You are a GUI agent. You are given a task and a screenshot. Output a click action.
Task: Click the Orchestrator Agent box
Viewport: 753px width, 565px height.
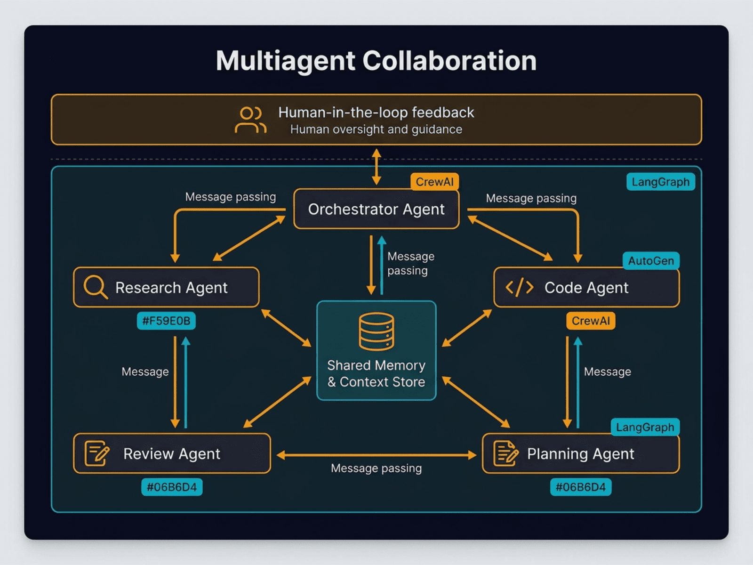[376, 209]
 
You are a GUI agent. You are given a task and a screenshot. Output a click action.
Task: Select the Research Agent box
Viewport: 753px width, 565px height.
[166, 287]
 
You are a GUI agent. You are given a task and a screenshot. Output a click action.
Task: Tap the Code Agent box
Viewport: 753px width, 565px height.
[586, 287]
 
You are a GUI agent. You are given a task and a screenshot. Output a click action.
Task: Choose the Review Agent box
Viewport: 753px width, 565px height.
[172, 453]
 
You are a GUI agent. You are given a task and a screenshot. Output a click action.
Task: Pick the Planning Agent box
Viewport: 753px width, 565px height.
[580, 453]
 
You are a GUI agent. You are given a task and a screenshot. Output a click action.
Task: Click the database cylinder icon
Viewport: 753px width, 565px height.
[376, 331]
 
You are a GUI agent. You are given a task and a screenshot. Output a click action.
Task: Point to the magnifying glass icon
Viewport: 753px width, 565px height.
[95, 287]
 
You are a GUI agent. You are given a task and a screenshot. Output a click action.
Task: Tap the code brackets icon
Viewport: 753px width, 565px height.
[519, 287]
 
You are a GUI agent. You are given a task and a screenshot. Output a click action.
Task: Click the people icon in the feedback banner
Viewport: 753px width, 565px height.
[250, 120]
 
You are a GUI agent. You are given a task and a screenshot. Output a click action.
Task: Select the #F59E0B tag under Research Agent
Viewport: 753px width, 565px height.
[166, 321]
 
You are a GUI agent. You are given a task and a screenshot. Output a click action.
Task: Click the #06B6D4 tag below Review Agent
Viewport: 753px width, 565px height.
[172, 487]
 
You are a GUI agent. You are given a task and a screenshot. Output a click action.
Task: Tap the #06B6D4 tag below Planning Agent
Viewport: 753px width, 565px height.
[580, 487]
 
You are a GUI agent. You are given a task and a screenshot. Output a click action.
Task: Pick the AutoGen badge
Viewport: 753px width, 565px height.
[651, 261]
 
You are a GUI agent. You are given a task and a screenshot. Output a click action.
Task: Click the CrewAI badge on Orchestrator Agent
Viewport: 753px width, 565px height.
[434, 182]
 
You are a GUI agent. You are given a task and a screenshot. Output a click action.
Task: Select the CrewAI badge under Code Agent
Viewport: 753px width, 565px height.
[590, 321]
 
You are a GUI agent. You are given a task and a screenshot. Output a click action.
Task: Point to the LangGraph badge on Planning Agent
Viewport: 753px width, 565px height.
[645, 428]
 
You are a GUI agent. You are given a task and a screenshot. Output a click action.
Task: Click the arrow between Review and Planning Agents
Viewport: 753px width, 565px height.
[376, 455]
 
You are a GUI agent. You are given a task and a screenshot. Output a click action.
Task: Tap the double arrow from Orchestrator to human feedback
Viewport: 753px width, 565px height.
[376, 167]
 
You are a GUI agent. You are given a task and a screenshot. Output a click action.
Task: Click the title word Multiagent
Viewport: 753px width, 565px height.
[285, 61]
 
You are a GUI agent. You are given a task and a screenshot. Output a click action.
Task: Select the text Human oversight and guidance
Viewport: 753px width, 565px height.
[376, 129]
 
